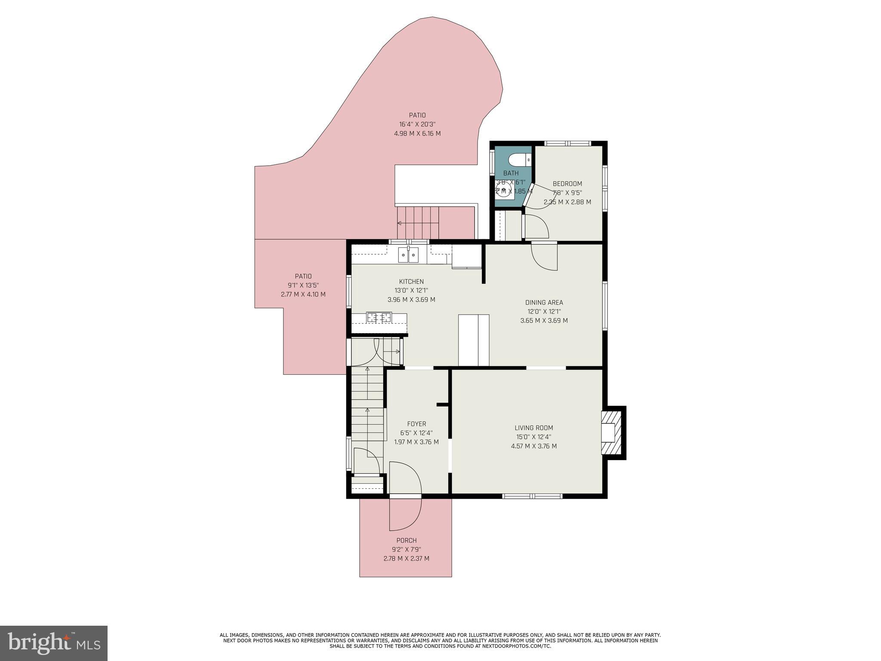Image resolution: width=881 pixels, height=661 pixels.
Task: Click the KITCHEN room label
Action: (x=411, y=282)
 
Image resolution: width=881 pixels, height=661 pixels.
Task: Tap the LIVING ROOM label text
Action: (x=533, y=428)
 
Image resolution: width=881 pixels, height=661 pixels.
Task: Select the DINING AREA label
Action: (x=544, y=303)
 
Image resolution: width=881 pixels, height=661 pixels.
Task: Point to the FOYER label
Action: (x=416, y=424)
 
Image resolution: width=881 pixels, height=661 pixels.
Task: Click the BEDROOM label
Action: (x=567, y=184)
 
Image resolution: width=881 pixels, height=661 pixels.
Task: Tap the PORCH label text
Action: (x=406, y=541)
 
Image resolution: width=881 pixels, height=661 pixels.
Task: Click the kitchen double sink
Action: (x=408, y=255)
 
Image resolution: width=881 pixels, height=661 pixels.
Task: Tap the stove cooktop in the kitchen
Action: (x=379, y=318)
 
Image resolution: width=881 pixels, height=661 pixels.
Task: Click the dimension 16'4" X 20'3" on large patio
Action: (x=417, y=124)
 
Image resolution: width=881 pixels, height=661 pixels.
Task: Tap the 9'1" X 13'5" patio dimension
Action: (x=303, y=285)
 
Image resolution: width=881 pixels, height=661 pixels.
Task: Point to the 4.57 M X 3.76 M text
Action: (x=533, y=446)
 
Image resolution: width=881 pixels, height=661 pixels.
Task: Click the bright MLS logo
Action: (x=53, y=643)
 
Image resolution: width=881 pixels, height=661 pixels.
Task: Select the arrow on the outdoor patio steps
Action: (x=400, y=223)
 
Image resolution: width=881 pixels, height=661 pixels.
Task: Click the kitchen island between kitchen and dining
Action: (x=474, y=340)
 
